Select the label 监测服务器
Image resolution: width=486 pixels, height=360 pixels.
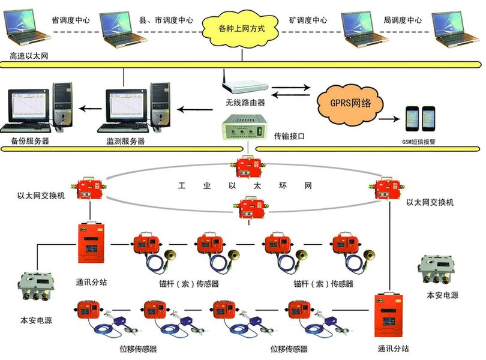coord(121,142)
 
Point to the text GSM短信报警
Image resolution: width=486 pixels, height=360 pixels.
coord(419,142)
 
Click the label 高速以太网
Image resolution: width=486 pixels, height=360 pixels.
coord(29,56)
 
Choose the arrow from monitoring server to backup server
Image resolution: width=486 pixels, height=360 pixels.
coord(91,109)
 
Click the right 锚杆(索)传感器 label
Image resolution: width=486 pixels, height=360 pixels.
coord(323,284)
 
